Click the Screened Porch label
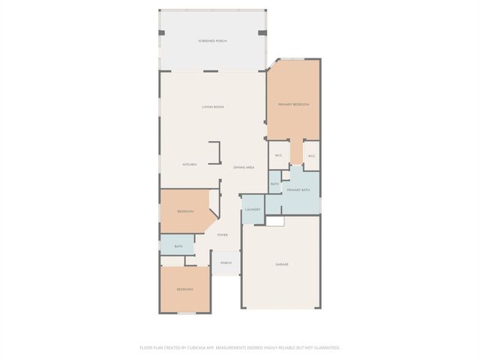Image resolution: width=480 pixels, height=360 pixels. (213, 40)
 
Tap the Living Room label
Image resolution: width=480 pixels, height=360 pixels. (213, 107)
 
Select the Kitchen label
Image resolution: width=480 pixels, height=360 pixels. (190, 164)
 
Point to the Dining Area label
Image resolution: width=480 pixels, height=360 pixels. (244, 166)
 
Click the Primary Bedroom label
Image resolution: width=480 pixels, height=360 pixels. (293, 104)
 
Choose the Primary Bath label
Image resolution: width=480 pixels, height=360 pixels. (298, 190)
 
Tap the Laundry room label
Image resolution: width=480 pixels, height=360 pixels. (252, 209)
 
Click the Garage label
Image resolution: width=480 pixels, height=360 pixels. (282, 264)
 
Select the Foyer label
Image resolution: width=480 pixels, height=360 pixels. (223, 235)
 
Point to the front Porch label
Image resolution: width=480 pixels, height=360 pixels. (226, 262)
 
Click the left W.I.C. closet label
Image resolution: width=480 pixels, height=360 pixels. (278, 156)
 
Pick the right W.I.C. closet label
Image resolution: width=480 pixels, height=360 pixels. (311, 156)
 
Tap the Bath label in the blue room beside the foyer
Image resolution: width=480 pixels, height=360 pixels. (178, 246)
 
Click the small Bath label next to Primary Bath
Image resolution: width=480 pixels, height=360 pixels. (275, 184)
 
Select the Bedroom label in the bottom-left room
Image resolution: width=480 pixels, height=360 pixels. (184, 289)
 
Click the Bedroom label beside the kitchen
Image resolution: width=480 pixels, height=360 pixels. (185, 211)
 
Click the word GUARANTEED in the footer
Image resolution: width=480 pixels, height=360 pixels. (325, 348)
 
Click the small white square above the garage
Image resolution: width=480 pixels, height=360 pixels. (276, 222)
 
